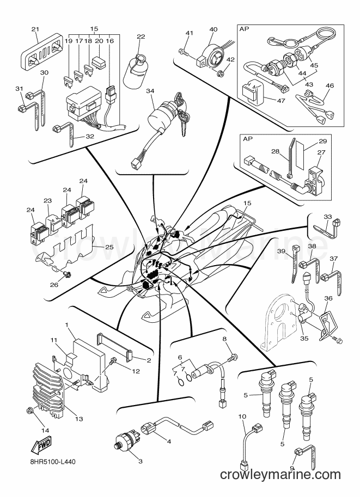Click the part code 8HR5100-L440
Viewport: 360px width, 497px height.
(x=52, y=462)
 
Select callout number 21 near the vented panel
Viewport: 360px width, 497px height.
(x=35, y=29)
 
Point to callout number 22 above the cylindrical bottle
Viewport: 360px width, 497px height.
(x=141, y=36)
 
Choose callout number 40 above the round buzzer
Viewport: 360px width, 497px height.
(x=213, y=29)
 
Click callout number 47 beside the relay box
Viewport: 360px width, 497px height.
(x=281, y=101)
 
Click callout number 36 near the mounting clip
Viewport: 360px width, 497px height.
(x=328, y=298)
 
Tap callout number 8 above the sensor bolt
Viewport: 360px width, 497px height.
(x=224, y=339)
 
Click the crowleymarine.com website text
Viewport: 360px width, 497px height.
(x=280, y=475)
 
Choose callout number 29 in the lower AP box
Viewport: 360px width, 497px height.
(x=322, y=141)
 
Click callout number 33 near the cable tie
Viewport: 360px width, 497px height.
(x=328, y=217)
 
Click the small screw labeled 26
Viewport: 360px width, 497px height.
(x=68, y=273)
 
